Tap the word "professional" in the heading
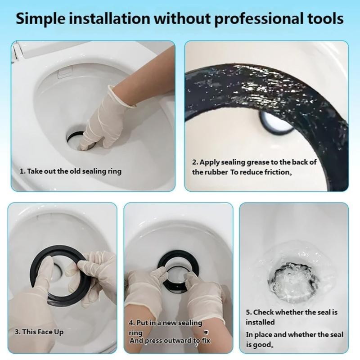256,19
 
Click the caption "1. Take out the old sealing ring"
70,171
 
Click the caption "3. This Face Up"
39,332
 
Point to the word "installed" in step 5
260,322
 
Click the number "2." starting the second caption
195,162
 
